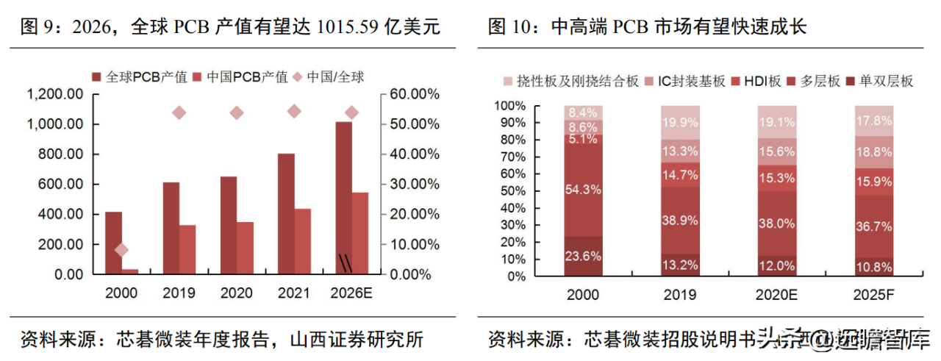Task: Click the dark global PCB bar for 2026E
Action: coord(343,198)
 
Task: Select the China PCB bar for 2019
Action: coord(187,249)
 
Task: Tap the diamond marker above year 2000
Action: coord(121,250)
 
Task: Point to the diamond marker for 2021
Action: coord(294,111)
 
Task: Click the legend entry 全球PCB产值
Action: coord(135,76)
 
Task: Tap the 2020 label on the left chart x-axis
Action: coord(237,293)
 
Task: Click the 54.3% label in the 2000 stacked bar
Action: coord(584,190)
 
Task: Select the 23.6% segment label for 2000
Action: coord(584,257)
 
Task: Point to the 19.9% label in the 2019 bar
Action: coord(680,122)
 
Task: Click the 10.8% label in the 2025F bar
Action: coord(873,267)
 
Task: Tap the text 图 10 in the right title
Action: coord(512,28)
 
